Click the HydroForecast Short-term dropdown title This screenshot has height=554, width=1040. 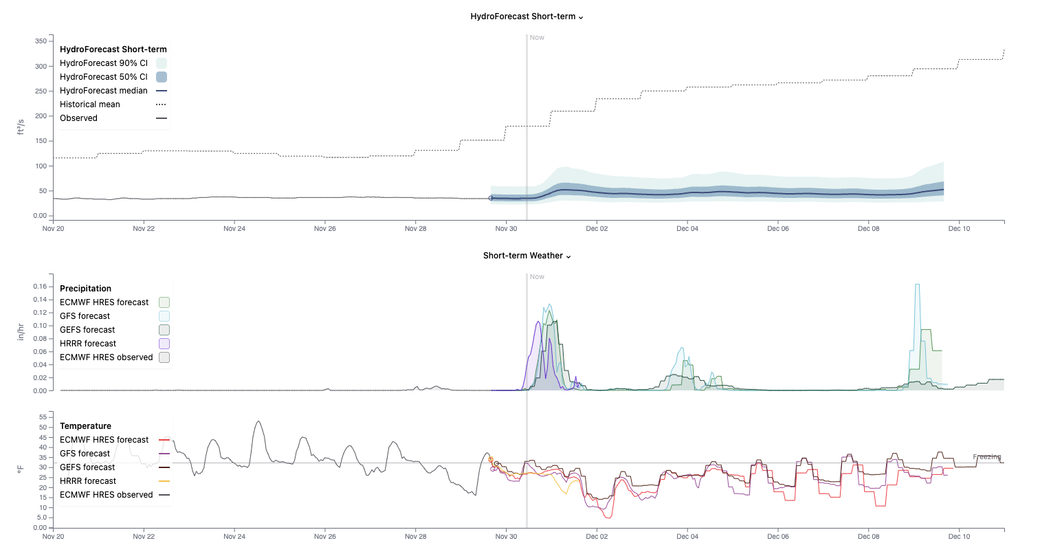[527, 16]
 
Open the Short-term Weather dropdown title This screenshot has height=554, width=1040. [527, 256]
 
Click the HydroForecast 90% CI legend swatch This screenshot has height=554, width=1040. [162, 63]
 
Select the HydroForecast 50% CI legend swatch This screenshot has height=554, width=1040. [162, 77]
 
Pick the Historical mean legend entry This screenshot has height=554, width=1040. [90, 104]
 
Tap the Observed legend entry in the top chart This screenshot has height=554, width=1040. [79, 118]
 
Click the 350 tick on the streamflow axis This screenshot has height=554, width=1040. [41, 41]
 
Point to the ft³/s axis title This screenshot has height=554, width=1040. [21, 126]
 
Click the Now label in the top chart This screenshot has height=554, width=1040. [537, 38]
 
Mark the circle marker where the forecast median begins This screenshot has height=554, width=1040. [491, 198]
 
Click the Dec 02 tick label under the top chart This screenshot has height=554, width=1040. [597, 229]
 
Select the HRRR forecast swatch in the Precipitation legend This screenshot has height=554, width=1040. [164, 344]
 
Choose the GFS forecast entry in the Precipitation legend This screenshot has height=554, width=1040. [85, 316]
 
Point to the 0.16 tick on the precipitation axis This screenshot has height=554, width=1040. [40, 287]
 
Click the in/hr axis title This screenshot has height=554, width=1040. [21, 333]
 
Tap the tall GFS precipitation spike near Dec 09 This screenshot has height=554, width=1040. [917, 289]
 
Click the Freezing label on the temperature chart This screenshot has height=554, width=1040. [986, 457]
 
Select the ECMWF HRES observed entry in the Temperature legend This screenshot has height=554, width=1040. [107, 495]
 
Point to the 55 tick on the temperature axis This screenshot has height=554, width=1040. [43, 417]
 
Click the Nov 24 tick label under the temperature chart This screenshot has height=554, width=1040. [234, 537]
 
